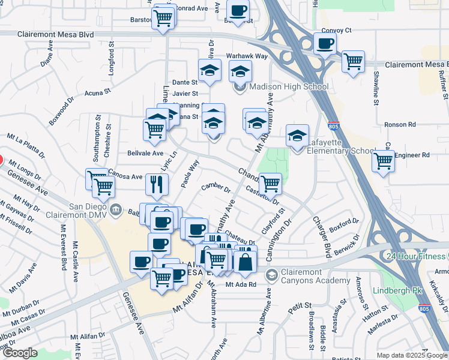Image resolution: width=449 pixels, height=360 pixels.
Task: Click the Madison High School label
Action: point(289,86)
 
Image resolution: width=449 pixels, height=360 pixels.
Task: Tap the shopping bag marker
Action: point(245,261)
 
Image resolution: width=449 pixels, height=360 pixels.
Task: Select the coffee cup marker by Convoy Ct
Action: point(325,44)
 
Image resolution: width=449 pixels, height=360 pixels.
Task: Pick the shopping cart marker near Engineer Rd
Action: point(383,161)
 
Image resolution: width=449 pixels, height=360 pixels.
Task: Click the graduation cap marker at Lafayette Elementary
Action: point(297,136)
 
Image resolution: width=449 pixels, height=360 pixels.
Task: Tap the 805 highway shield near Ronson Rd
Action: point(334,127)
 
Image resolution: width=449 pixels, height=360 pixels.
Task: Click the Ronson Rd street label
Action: point(400,125)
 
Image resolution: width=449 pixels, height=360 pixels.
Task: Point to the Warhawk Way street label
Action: point(246,56)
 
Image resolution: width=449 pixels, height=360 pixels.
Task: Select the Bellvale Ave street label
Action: point(145,153)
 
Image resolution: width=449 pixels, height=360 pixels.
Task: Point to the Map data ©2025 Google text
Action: point(411,355)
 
